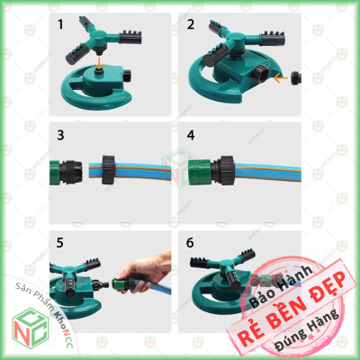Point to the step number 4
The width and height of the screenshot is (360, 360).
(192, 137)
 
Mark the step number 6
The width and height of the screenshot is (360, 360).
(192, 244)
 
